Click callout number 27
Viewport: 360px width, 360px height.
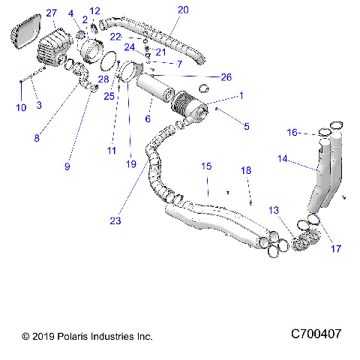point(51,13)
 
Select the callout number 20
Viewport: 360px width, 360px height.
point(183,10)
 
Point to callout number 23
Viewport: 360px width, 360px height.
point(115,220)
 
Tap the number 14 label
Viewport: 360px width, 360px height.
point(283,158)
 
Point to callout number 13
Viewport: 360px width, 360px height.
point(274,211)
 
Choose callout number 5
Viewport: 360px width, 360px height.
point(246,126)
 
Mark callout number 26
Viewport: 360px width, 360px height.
point(226,76)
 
